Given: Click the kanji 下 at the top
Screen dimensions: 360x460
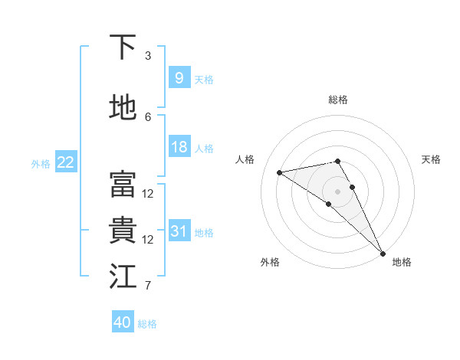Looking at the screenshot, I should (x=123, y=47).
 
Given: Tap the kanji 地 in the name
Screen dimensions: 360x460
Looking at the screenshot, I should (x=123, y=108).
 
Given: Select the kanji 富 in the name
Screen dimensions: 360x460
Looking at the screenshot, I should (x=123, y=185).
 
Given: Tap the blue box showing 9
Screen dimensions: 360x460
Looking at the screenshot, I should (x=179, y=78).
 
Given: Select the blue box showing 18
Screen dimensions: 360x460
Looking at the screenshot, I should (x=179, y=147).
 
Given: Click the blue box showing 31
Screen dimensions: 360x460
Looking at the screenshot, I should (x=179, y=231).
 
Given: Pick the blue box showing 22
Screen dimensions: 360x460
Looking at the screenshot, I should (x=66, y=162).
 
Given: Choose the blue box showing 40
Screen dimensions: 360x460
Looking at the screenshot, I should (x=123, y=322).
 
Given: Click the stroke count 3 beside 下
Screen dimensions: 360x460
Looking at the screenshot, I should (x=148, y=56).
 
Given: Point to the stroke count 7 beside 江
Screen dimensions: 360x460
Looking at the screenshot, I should (x=148, y=286).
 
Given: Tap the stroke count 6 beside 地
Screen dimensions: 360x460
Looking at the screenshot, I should (x=148, y=116).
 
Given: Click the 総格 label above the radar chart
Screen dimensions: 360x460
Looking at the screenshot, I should (x=338, y=100).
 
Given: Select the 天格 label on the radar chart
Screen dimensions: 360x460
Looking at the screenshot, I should (x=432, y=159).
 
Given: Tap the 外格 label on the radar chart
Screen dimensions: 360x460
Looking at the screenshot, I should (x=270, y=262).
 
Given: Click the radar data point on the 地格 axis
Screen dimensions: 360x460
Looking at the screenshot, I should (x=383, y=253).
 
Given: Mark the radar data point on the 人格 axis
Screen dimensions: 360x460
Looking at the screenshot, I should (x=280, y=172).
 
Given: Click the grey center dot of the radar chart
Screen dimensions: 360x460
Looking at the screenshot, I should (x=337, y=191).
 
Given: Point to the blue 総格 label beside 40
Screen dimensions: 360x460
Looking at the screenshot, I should (x=147, y=324).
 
